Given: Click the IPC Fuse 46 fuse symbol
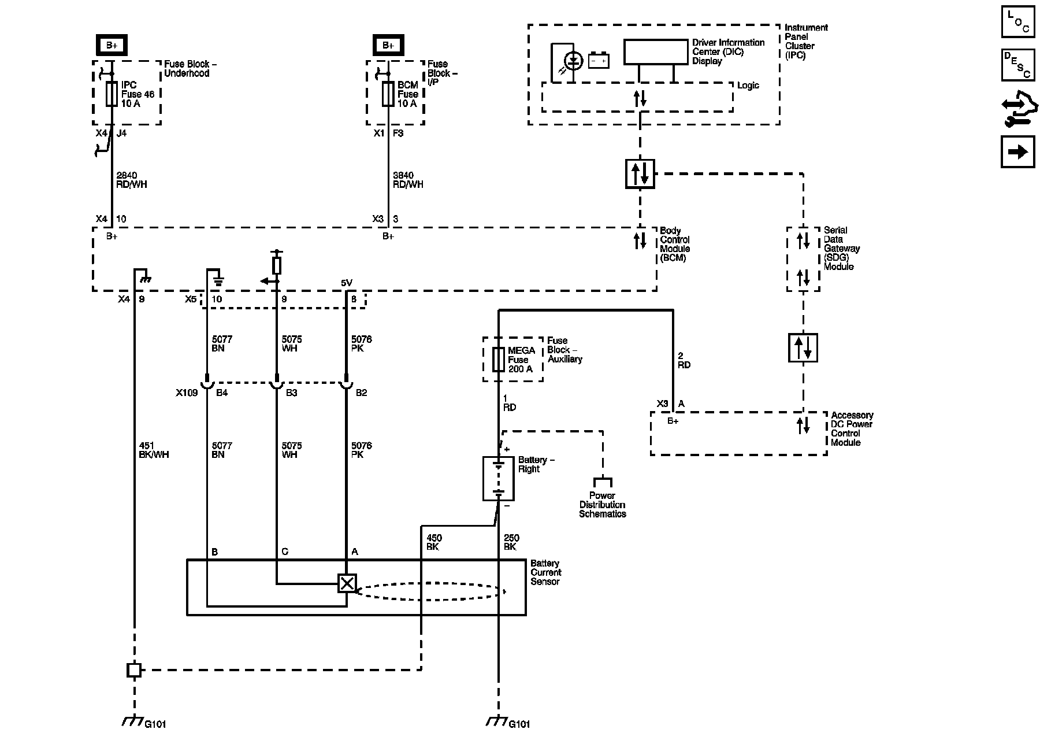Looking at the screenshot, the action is click(112, 94).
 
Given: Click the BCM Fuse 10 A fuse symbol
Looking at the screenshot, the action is click(388, 94).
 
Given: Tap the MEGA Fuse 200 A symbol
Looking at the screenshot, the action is click(498, 359).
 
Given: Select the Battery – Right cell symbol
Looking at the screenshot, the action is click(498, 479).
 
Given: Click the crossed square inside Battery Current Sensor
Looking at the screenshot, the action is click(347, 583).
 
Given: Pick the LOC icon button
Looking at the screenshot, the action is click(1017, 21).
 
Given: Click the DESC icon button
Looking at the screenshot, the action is click(1017, 65).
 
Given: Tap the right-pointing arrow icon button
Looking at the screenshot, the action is click(1017, 151).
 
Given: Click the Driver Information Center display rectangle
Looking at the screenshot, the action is click(656, 52).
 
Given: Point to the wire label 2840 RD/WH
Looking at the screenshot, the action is click(132, 180).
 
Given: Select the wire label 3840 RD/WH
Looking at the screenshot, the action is click(408, 180).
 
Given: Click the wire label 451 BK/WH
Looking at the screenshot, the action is click(154, 450).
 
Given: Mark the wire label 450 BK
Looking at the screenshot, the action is click(434, 542).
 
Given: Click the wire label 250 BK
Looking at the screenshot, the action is click(511, 542).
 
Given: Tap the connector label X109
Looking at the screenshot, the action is click(187, 393).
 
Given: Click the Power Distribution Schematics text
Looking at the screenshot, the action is click(603, 505).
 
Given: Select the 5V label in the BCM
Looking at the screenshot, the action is click(347, 283).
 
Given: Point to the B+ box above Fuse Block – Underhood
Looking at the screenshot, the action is click(112, 45).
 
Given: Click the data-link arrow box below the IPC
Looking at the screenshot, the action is click(640, 173).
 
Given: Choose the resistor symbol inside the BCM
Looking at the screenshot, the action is click(277, 266).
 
